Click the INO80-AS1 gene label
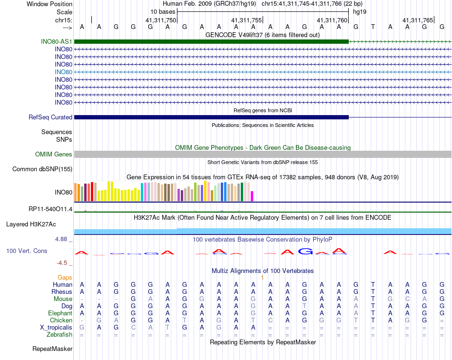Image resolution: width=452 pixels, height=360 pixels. pyautogui.click(x=57, y=42)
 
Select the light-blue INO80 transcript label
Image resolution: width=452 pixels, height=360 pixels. pyautogui.click(x=63, y=72)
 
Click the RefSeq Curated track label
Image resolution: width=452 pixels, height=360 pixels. pyautogui.click(x=50, y=117)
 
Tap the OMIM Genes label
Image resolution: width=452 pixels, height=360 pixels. pyautogui.click(x=54, y=154)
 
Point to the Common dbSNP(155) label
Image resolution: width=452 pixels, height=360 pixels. pyautogui.click(x=42, y=169)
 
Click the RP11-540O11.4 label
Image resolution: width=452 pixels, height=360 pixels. pyautogui.click(x=50, y=209)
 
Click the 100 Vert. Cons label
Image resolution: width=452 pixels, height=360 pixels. pyautogui.click(x=27, y=251)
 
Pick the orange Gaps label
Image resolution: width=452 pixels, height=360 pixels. pyautogui.click(x=65, y=277)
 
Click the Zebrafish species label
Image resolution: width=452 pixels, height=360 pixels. pyautogui.click(x=60, y=335)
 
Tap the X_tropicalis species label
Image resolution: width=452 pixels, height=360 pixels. pyautogui.click(x=56, y=328)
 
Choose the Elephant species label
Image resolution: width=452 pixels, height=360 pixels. pyautogui.click(x=60, y=313)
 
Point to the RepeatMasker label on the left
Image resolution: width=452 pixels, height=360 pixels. pyautogui.click(x=52, y=349)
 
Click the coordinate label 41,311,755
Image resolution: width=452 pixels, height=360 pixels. pyautogui.click(x=246, y=20)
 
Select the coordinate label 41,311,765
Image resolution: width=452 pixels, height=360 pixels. pyautogui.click(x=418, y=20)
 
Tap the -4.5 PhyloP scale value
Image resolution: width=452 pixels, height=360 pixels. pyautogui.click(x=62, y=263)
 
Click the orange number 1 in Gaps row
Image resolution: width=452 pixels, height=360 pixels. pyautogui.click(x=262, y=277)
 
